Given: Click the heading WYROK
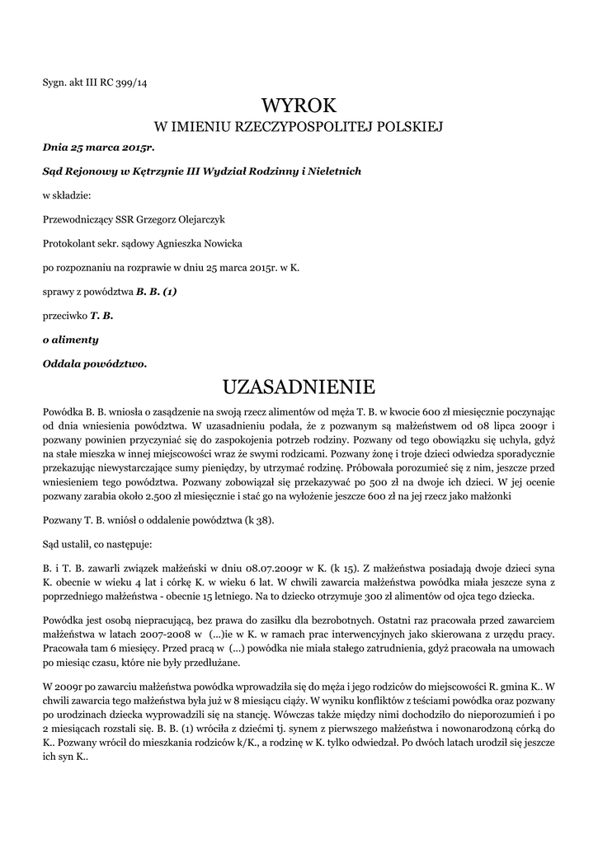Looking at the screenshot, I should (x=299, y=105).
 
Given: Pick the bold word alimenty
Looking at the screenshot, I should (x=75, y=340).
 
